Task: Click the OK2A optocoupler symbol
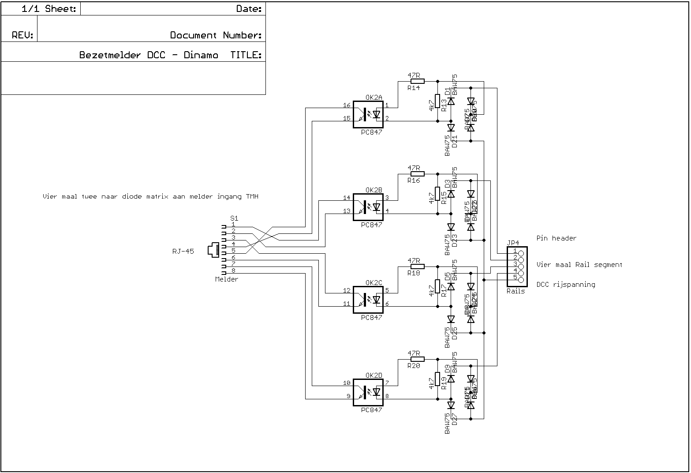(368, 115)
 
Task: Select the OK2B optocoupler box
(368, 207)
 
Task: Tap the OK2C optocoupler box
(368, 300)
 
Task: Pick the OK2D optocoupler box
(368, 393)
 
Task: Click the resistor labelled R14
(417, 81)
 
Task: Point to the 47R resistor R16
(417, 174)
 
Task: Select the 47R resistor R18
(417, 267)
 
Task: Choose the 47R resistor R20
(417, 359)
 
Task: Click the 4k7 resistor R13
(437, 101)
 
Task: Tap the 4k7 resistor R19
(437, 379)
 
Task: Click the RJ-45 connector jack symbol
(214, 250)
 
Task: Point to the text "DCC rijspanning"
(566, 285)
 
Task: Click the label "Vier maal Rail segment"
(579, 265)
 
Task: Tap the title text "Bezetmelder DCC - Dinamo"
(149, 55)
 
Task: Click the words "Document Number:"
(216, 35)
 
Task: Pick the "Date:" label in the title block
(249, 9)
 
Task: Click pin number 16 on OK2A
(347, 105)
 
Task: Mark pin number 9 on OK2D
(348, 396)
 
